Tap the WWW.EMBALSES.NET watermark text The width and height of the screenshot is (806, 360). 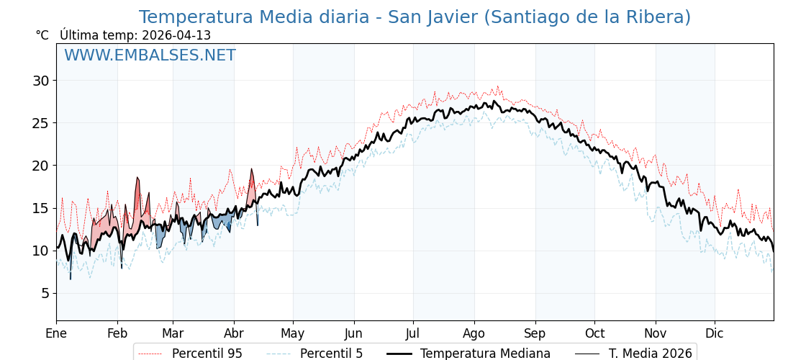click(x=150, y=55)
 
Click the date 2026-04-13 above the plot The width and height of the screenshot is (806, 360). click(x=176, y=35)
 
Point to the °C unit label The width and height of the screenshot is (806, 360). click(x=42, y=35)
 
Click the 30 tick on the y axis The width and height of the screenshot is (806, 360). click(x=41, y=81)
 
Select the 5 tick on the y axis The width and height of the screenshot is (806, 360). click(x=45, y=293)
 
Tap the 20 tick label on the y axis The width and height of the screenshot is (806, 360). click(x=41, y=166)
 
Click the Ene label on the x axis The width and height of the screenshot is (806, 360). click(x=56, y=333)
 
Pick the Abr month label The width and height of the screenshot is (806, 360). click(x=234, y=333)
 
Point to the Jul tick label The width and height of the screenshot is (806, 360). click(x=413, y=333)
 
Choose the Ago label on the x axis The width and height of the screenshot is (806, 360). click(x=474, y=333)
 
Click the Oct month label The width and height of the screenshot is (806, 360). click(x=594, y=333)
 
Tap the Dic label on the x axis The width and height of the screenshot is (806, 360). click(x=715, y=333)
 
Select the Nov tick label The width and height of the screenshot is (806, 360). click(x=656, y=333)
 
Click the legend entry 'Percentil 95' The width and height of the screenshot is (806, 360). click(x=207, y=354)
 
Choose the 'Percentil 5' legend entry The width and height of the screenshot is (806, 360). click(x=331, y=354)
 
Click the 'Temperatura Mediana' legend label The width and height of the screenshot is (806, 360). click(x=485, y=354)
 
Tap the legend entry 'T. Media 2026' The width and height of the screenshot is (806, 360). click(x=650, y=354)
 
